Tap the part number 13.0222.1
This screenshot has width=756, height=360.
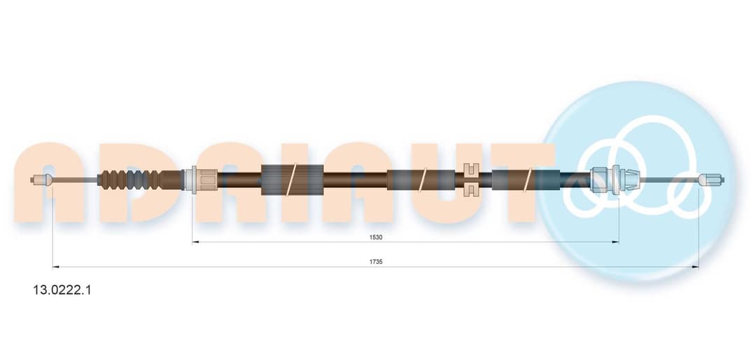pos(62,290)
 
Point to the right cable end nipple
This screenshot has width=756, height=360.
pos(711,179)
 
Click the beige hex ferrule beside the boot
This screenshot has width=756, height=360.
pos(204,180)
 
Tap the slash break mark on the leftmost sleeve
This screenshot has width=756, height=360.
pos(292,179)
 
